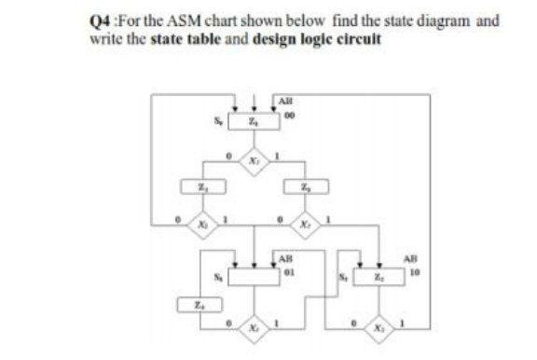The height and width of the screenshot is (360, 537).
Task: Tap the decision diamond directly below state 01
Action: (x=252, y=330)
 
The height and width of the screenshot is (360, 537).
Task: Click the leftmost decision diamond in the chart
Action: (x=201, y=225)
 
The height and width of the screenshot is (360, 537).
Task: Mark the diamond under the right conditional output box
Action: (x=303, y=225)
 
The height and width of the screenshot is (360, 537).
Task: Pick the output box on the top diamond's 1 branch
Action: (x=303, y=191)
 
